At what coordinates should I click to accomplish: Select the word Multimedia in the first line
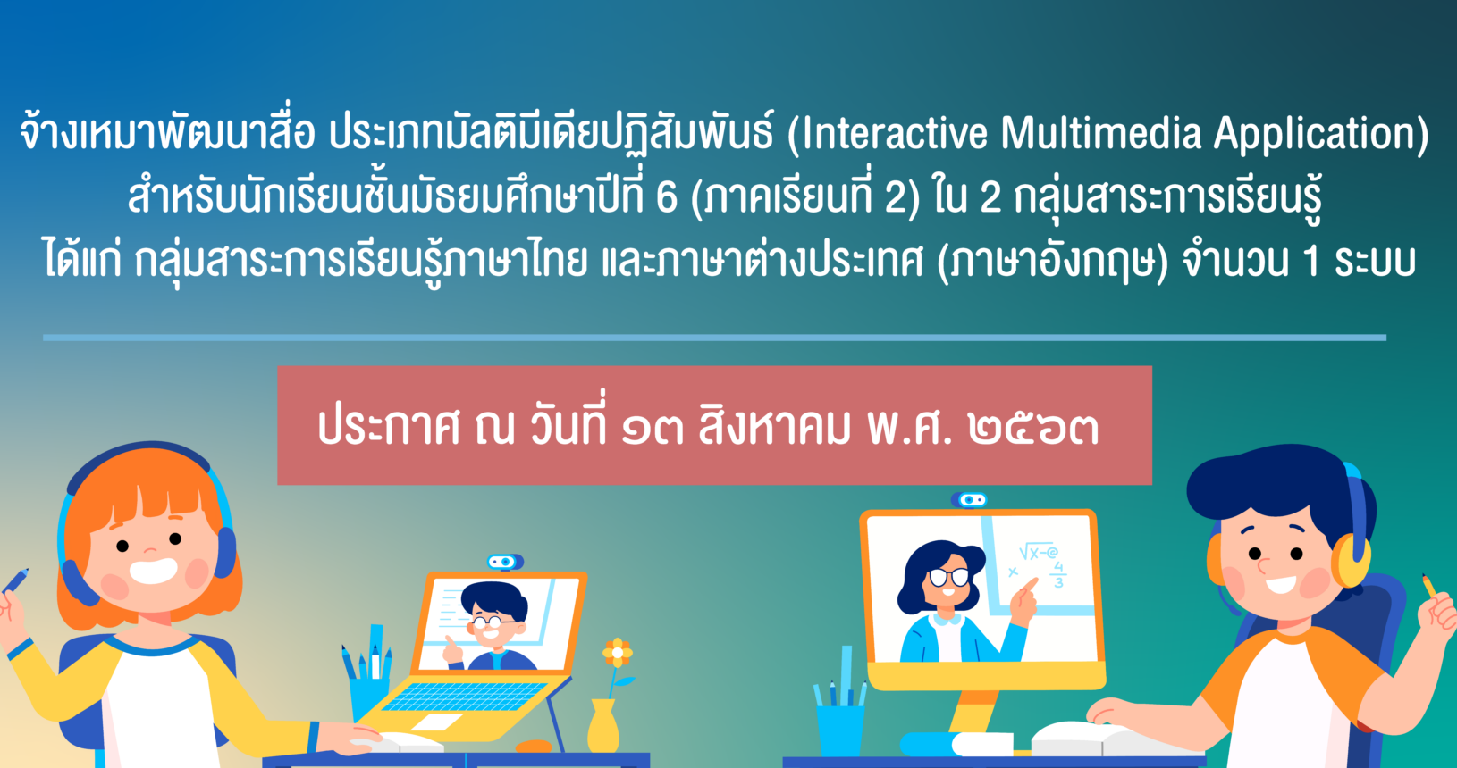click(x=1100, y=132)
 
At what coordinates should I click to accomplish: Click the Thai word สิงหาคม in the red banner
click(x=774, y=426)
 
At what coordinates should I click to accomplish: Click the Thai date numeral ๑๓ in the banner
click(x=653, y=429)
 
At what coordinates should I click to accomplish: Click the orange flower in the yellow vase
click(x=618, y=652)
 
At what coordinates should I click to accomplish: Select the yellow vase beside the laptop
click(x=603, y=726)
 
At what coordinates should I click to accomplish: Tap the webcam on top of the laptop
click(x=505, y=562)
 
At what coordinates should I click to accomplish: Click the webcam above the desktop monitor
click(x=969, y=500)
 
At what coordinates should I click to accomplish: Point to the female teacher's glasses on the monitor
click(x=948, y=576)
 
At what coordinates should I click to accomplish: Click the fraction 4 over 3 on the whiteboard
click(x=1058, y=574)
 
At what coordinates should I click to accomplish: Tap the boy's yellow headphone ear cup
click(x=1351, y=560)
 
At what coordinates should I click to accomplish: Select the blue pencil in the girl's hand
click(x=15, y=580)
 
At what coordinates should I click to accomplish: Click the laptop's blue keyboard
click(x=465, y=697)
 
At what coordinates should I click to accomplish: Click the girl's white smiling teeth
click(x=154, y=572)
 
